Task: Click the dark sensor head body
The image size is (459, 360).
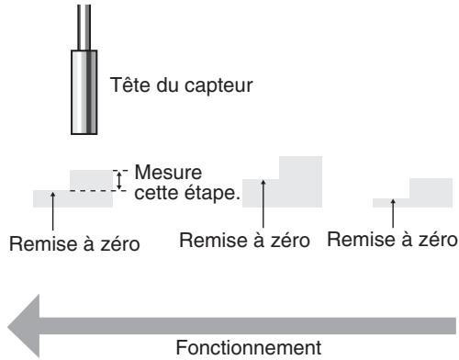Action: (x=84, y=91)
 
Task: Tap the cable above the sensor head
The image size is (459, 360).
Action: (x=84, y=23)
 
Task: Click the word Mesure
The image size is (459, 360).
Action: (x=162, y=172)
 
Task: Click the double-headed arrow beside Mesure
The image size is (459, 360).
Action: (x=117, y=179)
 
